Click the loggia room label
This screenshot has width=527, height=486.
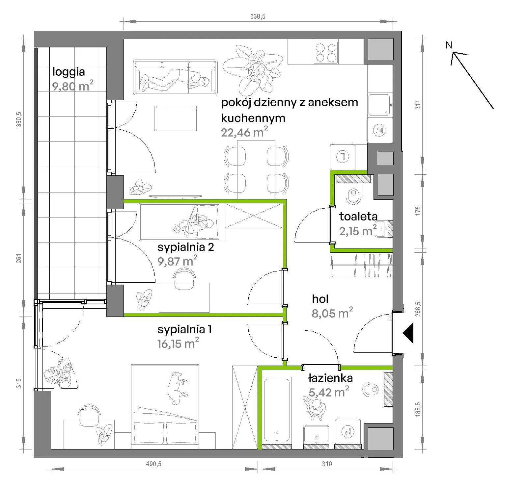click(69, 72)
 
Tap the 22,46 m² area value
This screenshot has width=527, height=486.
click(244, 132)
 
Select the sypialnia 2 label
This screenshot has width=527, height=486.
click(186, 247)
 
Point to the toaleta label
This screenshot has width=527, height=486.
click(358, 216)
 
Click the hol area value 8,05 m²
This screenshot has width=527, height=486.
click(332, 313)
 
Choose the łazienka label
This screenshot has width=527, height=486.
click(330, 378)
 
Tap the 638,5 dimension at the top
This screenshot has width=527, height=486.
click(258, 16)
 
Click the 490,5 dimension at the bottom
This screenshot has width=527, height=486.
click(154, 464)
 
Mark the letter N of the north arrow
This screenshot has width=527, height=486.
click(449, 45)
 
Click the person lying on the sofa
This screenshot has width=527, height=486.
click(175, 79)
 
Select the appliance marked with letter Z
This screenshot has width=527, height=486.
click(380, 130)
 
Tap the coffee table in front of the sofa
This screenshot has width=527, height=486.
click(176, 118)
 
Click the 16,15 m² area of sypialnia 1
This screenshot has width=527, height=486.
click(178, 344)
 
